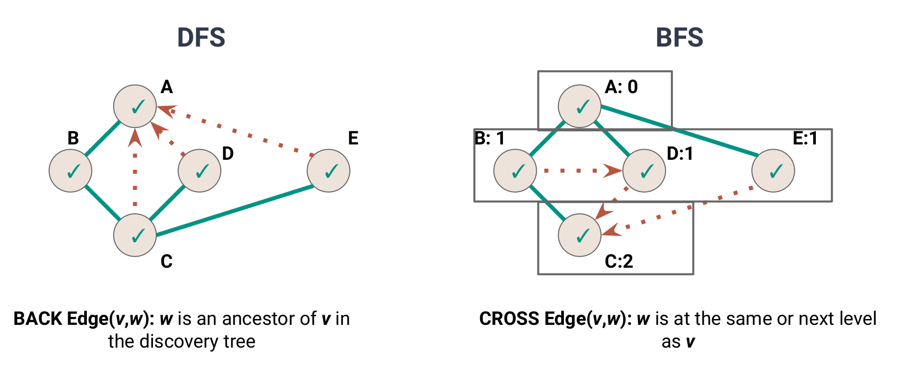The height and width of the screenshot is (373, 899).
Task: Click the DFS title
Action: [x=201, y=38]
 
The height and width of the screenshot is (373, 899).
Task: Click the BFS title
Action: [x=679, y=38]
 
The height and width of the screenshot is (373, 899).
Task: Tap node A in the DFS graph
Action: [x=135, y=106]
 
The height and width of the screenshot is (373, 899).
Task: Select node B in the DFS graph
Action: [x=70, y=170]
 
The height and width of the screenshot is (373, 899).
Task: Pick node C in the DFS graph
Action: [x=135, y=235]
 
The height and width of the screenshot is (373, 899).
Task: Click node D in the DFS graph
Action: [x=200, y=170]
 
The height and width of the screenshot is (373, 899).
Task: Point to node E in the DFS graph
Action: [x=328, y=170]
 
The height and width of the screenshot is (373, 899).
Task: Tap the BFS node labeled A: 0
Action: [x=580, y=106]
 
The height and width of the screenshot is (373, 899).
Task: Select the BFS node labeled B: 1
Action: [x=515, y=170]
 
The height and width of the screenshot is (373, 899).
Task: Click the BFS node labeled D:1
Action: [x=644, y=170]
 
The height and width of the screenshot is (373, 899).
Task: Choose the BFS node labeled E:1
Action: [x=773, y=170]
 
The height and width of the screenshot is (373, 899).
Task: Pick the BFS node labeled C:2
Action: [x=580, y=235]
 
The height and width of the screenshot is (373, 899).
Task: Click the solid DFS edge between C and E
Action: [x=233, y=210]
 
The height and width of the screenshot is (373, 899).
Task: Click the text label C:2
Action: [x=619, y=261]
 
